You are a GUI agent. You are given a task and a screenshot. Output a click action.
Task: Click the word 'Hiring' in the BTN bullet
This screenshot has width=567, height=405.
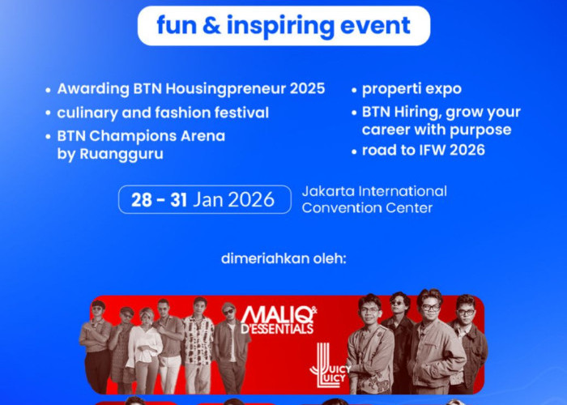coord(418,113)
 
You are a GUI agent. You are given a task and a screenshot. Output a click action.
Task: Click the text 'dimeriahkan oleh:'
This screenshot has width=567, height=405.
coord(283,260)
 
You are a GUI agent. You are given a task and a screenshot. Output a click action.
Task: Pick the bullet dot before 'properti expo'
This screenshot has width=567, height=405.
coord(355,90)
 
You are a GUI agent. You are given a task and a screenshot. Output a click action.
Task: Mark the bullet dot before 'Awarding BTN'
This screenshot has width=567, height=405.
coord(49,90)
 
